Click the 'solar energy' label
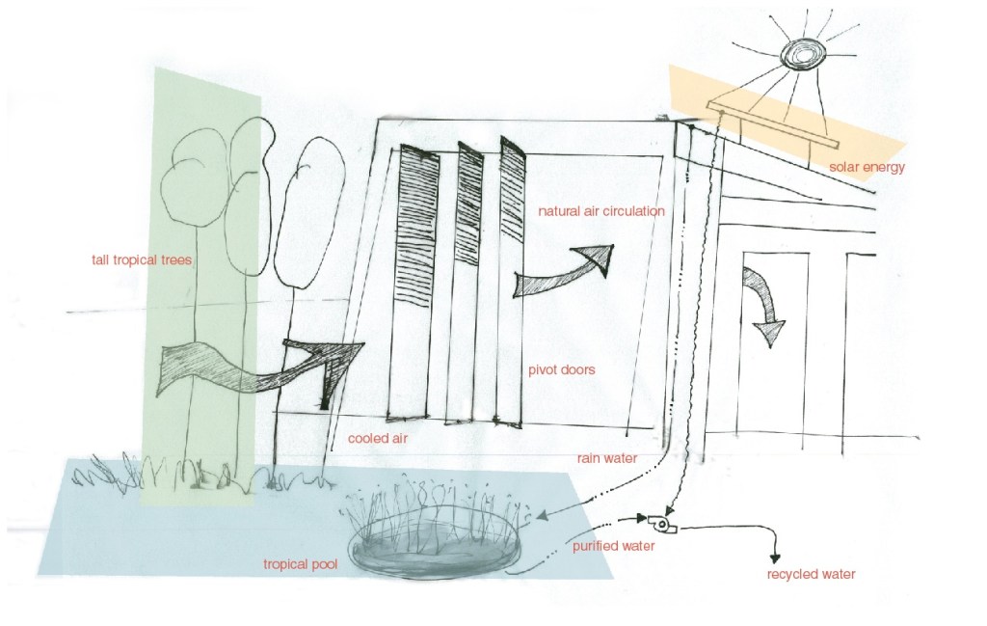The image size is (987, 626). pos(867,167)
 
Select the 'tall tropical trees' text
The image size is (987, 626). pos(142,259)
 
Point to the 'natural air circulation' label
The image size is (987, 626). pos(601,211)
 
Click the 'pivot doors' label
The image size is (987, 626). pos(562,369)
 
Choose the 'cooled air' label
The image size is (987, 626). pos(378,438)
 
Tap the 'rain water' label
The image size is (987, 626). pos(607,458)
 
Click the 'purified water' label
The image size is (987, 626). pos(614,546)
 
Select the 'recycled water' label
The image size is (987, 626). pos(811,574)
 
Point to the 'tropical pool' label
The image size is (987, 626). pos(301,564)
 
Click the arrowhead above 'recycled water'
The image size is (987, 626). pos(775,558)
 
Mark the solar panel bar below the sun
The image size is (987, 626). pos(774,125)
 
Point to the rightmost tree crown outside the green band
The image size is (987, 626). pos(309,213)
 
